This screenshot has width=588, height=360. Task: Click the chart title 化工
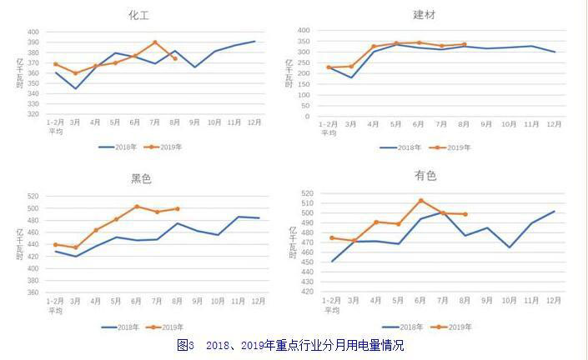pyautogui.click(x=138, y=15)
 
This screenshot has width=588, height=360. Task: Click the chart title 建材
pyautogui.click(x=425, y=15)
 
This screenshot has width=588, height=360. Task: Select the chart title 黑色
pyautogui.click(x=141, y=179)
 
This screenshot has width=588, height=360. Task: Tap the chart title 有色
pyautogui.click(x=425, y=176)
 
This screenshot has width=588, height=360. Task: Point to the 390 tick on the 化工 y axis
pyautogui.click(x=33, y=42)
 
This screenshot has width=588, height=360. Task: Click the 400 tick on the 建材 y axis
pyautogui.click(x=304, y=30)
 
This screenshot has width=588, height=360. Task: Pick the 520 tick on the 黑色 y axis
pyautogui.click(x=33, y=197)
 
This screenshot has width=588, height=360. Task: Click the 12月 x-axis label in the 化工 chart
pyautogui.click(x=254, y=122)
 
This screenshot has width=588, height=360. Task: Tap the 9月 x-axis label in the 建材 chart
pyautogui.click(x=486, y=124)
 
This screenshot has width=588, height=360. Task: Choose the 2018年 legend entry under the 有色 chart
pyautogui.click(x=400, y=327)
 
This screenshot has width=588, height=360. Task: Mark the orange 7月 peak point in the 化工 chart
pyautogui.click(x=155, y=42)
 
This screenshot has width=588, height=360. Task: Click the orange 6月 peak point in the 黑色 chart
pyautogui.click(x=137, y=207)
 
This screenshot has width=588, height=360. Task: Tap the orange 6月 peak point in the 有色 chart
pyautogui.click(x=421, y=200)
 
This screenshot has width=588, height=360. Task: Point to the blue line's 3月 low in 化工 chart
pyautogui.click(x=76, y=88)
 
